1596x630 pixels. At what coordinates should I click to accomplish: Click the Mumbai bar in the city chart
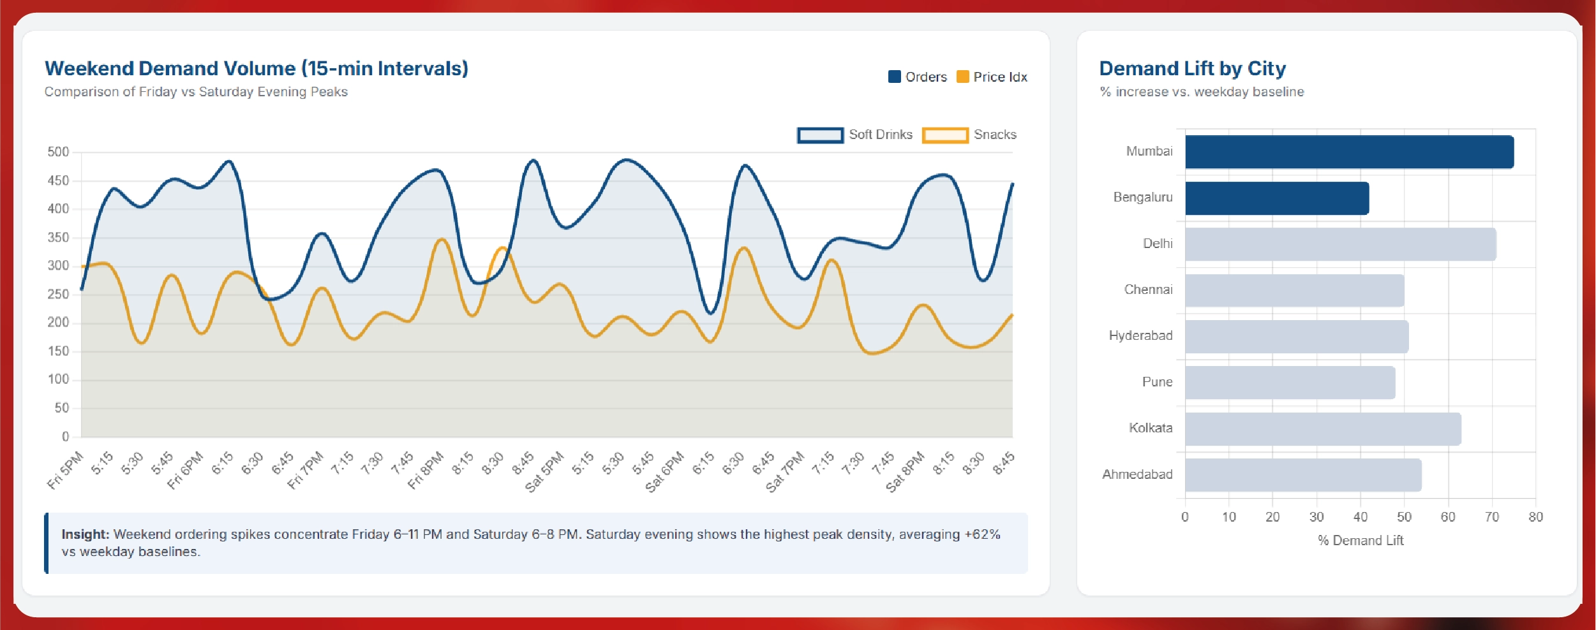(1349, 152)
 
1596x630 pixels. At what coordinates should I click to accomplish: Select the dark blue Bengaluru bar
(1276, 198)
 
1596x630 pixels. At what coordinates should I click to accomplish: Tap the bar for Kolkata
(1322, 429)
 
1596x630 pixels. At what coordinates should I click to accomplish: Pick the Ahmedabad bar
(1302, 475)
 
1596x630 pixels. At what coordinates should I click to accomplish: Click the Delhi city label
(1158, 244)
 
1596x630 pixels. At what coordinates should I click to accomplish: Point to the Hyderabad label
(1140, 335)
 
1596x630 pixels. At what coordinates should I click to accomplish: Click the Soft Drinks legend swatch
(820, 135)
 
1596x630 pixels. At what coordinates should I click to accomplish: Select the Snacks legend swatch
(945, 135)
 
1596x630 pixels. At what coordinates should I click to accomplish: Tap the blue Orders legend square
(894, 77)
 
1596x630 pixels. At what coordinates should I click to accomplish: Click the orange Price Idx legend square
(962, 77)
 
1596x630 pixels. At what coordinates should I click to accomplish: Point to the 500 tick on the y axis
(58, 152)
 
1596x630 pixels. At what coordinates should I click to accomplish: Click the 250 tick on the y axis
(58, 294)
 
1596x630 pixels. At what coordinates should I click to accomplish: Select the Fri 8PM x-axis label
(426, 470)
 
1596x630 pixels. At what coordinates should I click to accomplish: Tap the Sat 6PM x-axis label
(664, 472)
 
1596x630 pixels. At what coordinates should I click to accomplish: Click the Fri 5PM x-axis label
(65, 470)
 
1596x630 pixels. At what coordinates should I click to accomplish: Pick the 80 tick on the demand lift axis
(1535, 517)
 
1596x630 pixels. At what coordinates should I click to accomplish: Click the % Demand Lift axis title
(1361, 541)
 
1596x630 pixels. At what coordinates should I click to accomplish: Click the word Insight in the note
(86, 534)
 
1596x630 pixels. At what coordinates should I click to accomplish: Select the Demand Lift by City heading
(1192, 68)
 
